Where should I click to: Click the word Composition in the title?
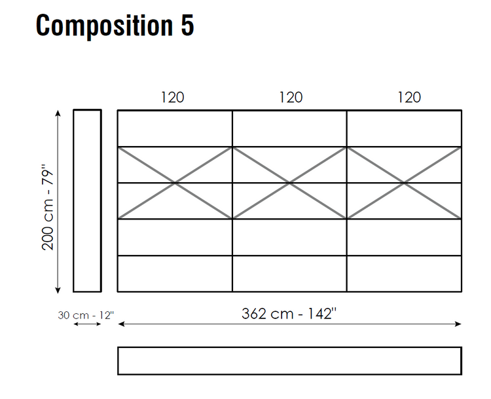coord(105,26)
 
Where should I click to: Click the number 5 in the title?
coord(187,25)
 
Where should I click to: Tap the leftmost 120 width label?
coord(173,97)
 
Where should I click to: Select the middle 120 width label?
coord(291,97)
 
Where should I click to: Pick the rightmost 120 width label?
coord(409,97)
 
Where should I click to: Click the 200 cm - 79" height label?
coord(48,207)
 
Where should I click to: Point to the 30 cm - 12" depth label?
coord(86,315)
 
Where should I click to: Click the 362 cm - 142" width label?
coord(289,313)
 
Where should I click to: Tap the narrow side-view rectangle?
coord(73,200)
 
